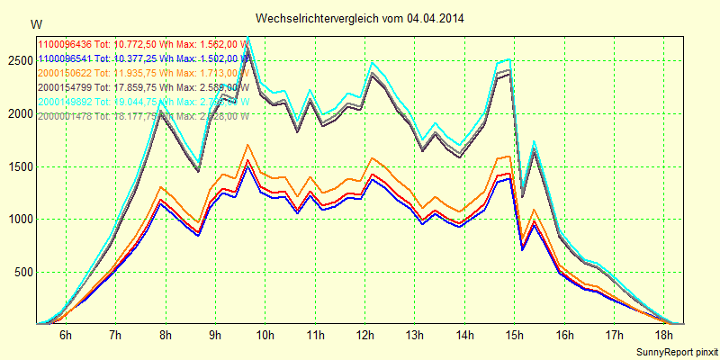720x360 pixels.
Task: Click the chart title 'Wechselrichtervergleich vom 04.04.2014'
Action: (x=360, y=18)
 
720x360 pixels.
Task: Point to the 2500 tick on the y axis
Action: (x=18, y=60)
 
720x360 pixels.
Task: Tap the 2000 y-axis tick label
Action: (x=18, y=113)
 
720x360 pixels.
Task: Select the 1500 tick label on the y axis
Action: (x=18, y=166)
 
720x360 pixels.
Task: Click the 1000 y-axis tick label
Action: (x=18, y=220)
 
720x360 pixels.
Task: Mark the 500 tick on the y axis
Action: (x=22, y=272)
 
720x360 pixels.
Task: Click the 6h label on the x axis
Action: (x=65, y=335)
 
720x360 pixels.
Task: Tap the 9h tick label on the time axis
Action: (x=215, y=335)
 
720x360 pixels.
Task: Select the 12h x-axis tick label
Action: (x=365, y=335)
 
